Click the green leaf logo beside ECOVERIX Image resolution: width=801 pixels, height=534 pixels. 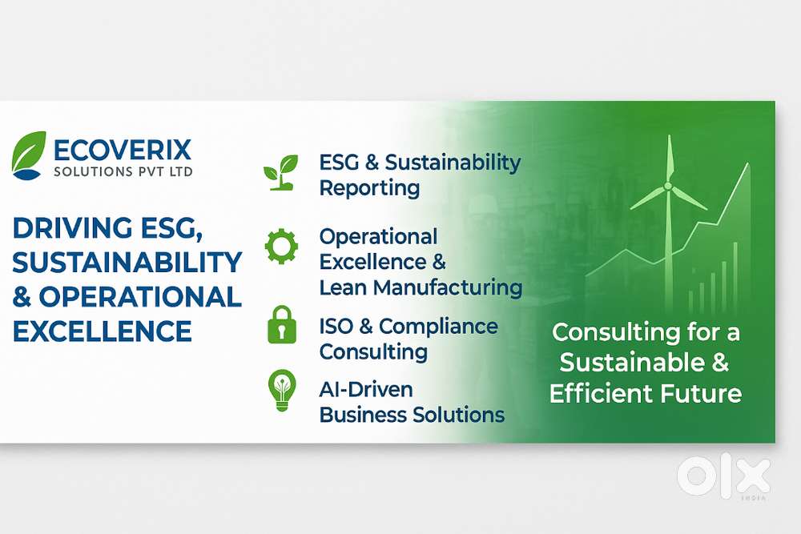point(29,155)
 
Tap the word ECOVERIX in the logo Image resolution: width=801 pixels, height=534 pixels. point(123,151)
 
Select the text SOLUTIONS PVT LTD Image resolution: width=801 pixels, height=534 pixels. point(123,171)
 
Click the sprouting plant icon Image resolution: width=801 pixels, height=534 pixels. point(280,173)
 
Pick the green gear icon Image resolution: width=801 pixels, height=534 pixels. point(281,246)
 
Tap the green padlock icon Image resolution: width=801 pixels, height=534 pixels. point(282,325)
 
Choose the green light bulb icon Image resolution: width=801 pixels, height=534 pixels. point(282,390)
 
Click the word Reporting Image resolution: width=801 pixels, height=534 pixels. point(369,188)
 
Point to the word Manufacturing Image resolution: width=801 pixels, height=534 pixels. point(448,287)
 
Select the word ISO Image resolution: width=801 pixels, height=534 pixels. point(336,327)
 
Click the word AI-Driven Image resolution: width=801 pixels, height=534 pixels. point(366,390)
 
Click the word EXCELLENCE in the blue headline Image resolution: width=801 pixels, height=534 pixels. point(103,331)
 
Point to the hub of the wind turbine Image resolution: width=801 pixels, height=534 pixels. point(668,187)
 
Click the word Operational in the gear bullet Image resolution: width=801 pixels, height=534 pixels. point(378,236)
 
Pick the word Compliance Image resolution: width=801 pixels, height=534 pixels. point(438,327)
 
